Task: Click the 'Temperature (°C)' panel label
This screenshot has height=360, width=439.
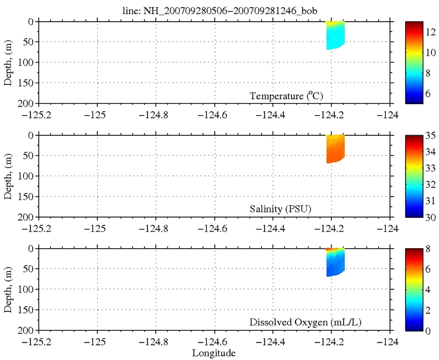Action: (x=287, y=96)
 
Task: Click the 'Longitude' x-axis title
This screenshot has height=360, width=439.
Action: (x=214, y=353)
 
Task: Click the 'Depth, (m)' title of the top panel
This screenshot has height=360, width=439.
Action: (x=8, y=63)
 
